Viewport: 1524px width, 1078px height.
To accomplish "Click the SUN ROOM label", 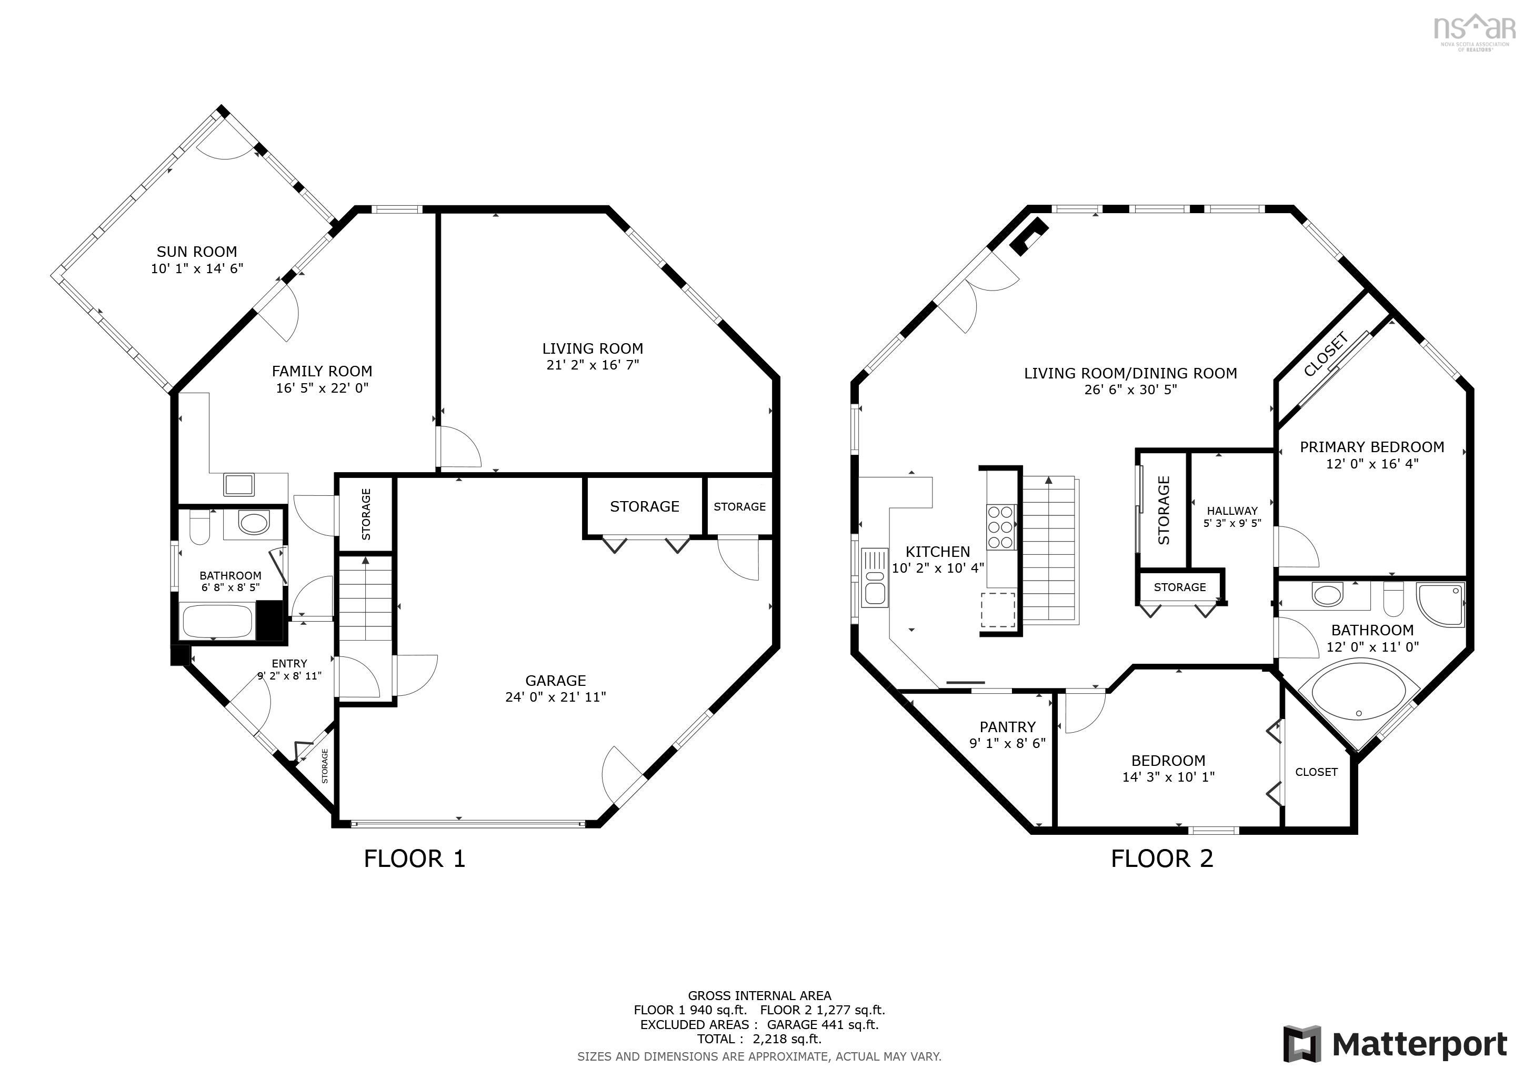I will (x=196, y=252).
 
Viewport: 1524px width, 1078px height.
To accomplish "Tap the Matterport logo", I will (x=1395, y=1045).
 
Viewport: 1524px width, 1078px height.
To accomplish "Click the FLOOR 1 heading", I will (x=414, y=859).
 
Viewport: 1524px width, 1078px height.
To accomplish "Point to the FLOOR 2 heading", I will (x=1161, y=859).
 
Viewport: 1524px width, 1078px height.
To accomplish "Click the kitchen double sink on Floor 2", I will (x=874, y=578).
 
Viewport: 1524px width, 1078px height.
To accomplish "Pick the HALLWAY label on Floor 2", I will (x=1232, y=511).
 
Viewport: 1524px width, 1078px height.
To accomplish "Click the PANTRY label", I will (x=1007, y=727).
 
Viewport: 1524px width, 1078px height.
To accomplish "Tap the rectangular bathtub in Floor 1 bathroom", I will (x=217, y=620).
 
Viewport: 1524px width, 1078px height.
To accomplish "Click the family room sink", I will (x=238, y=484).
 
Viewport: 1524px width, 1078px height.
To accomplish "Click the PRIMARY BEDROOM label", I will (x=1371, y=447).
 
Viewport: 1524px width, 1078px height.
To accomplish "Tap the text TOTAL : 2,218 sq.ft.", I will (x=759, y=1039).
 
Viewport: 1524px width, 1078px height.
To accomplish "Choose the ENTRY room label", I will (x=289, y=663).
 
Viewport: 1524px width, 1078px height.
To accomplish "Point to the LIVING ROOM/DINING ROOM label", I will (x=1130, y=373).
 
